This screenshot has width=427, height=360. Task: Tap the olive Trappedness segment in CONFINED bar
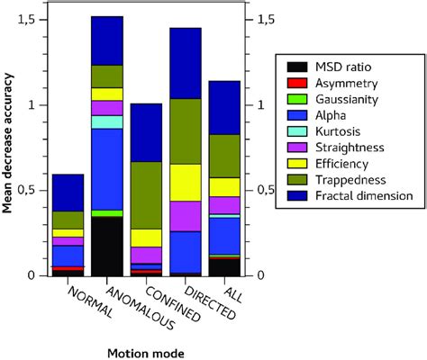pos(147,194)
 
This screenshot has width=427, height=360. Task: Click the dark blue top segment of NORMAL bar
pos(68,193)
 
